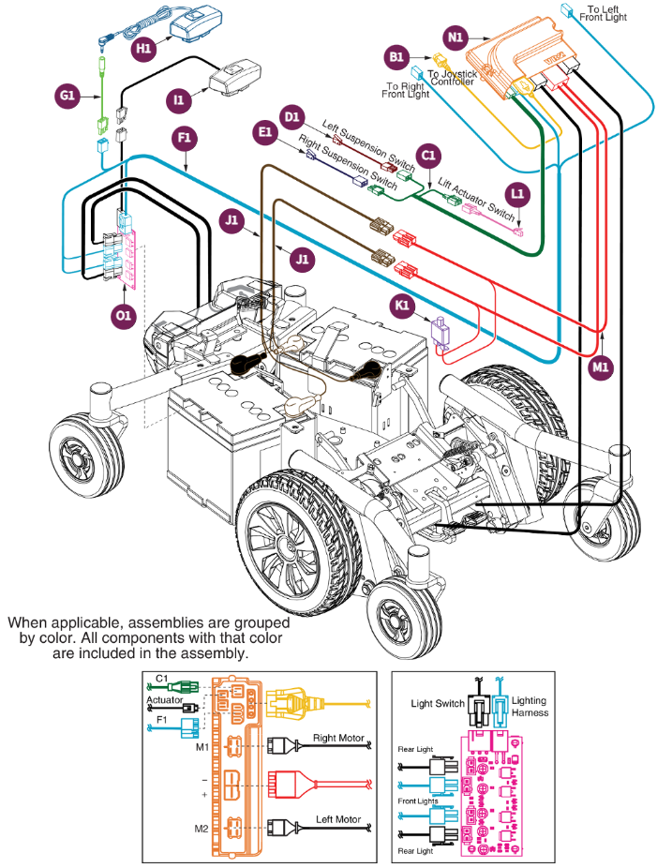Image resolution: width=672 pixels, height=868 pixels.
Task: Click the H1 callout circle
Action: (143, 48)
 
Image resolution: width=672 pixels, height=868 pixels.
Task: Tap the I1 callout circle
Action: (177, 97)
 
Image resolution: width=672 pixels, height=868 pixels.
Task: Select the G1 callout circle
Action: (67, 96)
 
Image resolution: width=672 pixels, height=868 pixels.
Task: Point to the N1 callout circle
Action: (455, 37)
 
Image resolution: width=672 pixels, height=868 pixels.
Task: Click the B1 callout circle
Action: (396, 58)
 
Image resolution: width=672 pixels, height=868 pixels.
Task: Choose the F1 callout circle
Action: (184, 139)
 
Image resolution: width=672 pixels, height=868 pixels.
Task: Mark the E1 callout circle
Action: (265, 133)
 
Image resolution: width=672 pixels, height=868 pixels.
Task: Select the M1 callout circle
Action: (601, 368)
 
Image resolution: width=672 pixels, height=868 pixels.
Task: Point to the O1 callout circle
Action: (124, 316)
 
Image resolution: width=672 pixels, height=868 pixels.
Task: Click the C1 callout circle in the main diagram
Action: (428, 155)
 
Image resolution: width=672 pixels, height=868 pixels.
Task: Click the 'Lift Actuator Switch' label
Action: (476, 193)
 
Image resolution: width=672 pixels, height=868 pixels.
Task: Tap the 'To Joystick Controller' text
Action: (451, 78)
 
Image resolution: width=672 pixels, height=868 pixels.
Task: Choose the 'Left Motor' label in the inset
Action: (338, 820)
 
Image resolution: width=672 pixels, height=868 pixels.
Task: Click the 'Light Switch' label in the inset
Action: (438, 703)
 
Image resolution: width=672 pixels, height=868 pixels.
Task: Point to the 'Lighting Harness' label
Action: (530, 707)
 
